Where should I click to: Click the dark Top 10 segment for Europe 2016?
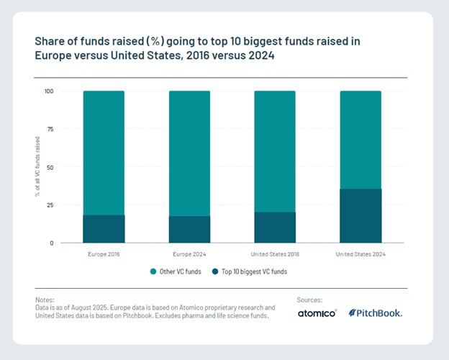click(x=104, y=229)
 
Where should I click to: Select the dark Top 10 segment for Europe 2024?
click(x=189, y=230)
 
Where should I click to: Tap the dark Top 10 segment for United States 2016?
click(x=275, y=228)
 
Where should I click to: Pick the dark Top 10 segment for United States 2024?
click(x=360, y=216)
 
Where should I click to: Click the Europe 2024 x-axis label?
click(x=190, y=254)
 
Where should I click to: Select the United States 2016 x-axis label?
click(x=275, y=254)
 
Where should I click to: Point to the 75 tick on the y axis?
click(x=50, y=130)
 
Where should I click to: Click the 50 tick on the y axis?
click(x=50, y=167)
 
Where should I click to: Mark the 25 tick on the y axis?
click(x=50, y=205)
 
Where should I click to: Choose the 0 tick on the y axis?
click(x=52, y=243)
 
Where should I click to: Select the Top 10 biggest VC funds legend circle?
click(x=214, y=271)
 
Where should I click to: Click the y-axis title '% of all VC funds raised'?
click(x=36, y=167)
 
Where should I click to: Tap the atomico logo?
click(x=317, y=313)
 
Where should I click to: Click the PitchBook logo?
click(x=376, y=313)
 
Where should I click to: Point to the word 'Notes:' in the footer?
click(x=44, y=300)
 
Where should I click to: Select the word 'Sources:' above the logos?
click(x=309, y=300)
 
